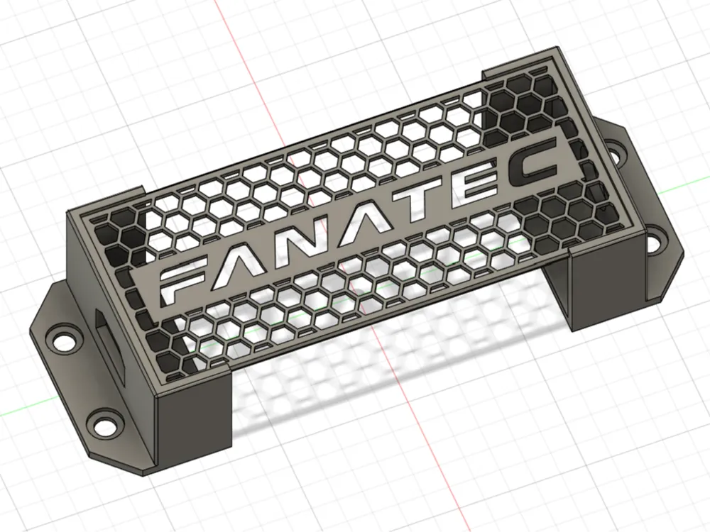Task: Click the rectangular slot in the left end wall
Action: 109,347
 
